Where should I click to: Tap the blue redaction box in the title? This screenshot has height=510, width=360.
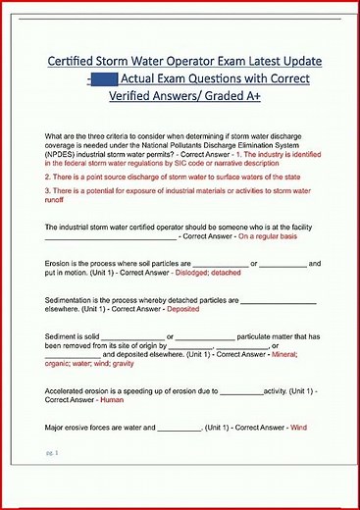103,79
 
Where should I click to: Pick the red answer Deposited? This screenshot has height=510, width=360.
183,308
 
